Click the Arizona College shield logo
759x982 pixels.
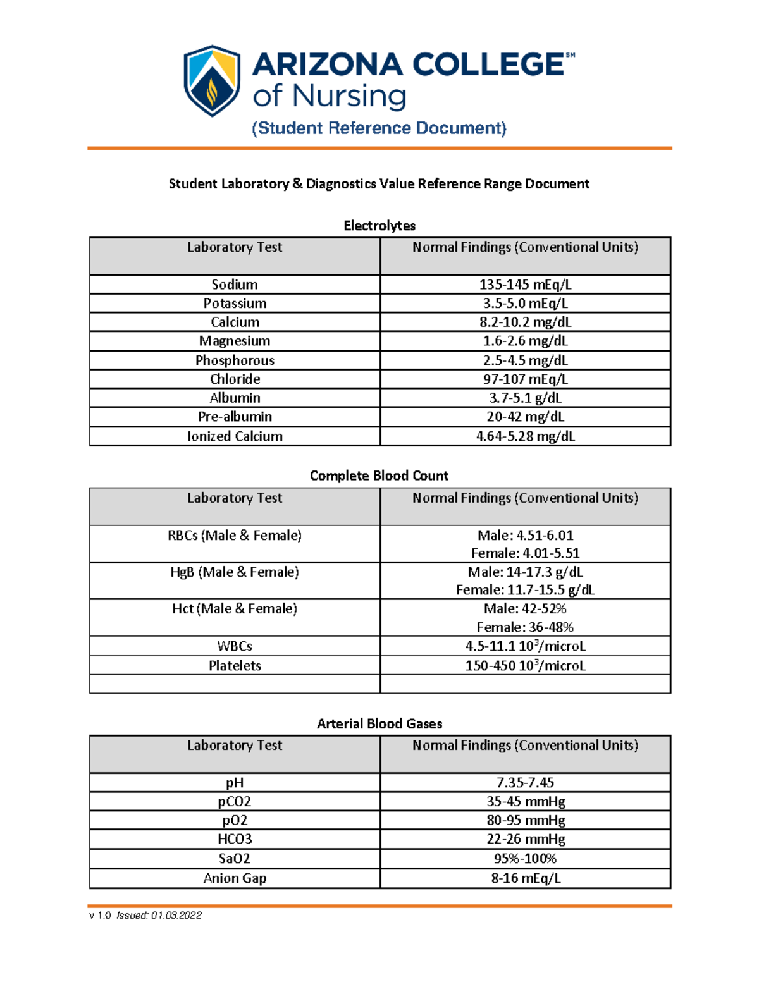[x=212, y=81]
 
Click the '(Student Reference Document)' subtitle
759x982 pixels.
[x=379, y=128]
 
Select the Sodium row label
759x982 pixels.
[x=235, y=285]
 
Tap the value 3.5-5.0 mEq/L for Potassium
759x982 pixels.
[x=525, y=304]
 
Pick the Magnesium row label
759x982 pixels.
[x=235, y=341]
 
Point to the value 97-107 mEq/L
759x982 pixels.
[x=525, y=379]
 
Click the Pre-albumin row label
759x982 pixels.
[x=235, y=417]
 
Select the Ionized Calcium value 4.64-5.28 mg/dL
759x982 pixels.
[x=525, y=436]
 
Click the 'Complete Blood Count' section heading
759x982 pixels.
[x=379, y=476]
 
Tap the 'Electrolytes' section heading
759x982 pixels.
[x=379, y=226]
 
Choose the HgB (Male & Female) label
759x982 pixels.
[x=235, y=572]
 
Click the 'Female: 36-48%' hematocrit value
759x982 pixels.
[x=525, y=627]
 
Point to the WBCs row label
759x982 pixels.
[x=235, y=646]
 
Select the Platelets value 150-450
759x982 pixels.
[x=525, y=665]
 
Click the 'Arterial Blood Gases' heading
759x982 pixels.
[x=379, y=723]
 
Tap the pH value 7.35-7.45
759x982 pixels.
[x=525, y=783]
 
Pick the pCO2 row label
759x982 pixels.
[x=235, y=802]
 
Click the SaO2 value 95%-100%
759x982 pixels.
[x=525, y=859]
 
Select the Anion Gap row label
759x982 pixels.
[x=235, y=878]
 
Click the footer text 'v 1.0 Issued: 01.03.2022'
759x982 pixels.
[x=145, y=915]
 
